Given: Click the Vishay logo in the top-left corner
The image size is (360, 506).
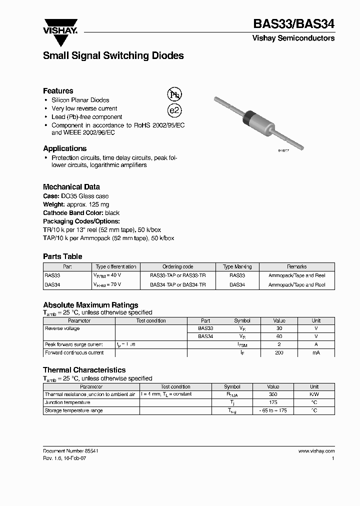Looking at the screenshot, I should pyautogui.click(x=60, y=26).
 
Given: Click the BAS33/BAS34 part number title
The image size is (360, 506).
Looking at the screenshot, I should pyautogui.click(x=294, y=23).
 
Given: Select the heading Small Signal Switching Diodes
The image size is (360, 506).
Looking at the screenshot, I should pyautogui.click(x=113, y=56).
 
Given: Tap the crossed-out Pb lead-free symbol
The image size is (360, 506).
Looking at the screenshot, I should pyautogui.click(x=174, y=94).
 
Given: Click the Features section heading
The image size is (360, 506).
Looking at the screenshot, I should pyautogui.click(x=58, y=91).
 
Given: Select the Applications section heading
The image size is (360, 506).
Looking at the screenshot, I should pyautogui.click(x=64, y=148).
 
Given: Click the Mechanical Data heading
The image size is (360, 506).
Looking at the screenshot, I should pyautogui.click(x=71, y=187).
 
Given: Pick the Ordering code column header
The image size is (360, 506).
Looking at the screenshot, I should pyautogui.click(x=177, y=267).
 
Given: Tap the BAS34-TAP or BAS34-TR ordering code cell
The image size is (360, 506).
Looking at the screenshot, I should pyautogui.click(x=177, y=284).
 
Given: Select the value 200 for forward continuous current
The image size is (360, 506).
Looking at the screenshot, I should pyautogui.click(x=279, y=353).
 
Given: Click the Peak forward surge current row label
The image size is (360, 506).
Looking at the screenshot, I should pyautogui.click(x=74, y=344).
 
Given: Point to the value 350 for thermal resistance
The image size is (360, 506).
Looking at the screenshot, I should pyautogui.click(x=273, y=394).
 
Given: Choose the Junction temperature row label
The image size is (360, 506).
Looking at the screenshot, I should pyautogui.click(x=67, y=402).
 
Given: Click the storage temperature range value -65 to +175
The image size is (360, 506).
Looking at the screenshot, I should pyautogui.click(x=273, y=410).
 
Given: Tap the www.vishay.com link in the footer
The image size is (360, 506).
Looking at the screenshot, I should pyautogui.click(x=316, y=450).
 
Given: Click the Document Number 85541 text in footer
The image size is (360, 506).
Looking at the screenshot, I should pyautogui.click(x=70, y=450).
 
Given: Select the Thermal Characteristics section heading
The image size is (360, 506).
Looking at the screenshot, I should pyautogui.click(x=84, y=370).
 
